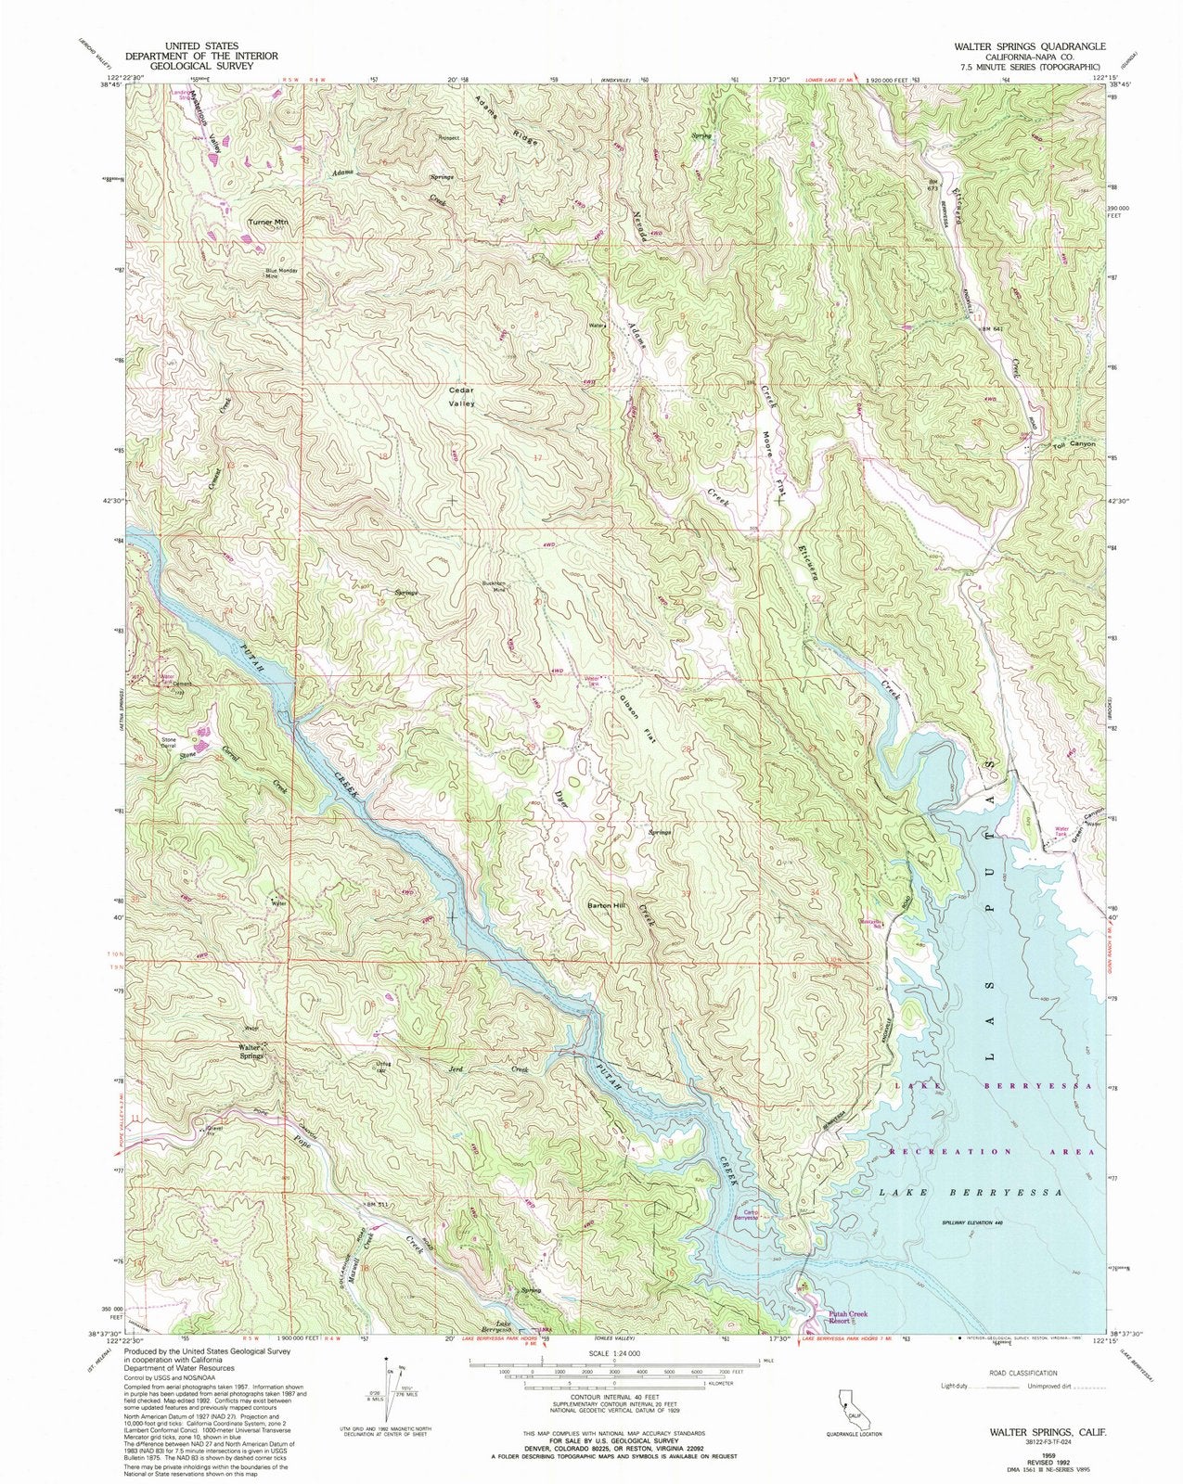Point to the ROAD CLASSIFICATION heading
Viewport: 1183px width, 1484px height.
[x=1023, y=1372]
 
